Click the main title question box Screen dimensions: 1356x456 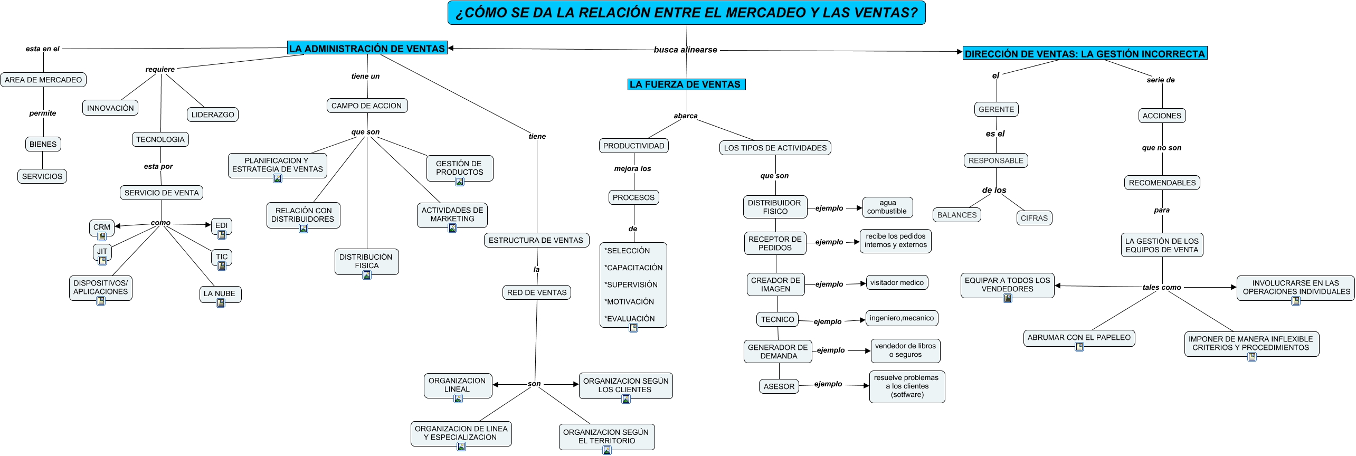686,13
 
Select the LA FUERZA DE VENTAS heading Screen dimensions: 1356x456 686,84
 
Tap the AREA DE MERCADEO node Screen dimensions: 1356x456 43,80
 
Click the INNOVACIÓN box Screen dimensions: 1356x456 110,108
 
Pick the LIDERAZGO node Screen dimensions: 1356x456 213,115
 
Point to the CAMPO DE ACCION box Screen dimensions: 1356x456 367,106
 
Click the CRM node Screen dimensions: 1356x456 102,227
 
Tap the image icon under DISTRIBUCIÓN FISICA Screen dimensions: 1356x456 367,275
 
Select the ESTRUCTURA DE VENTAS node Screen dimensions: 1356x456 536,240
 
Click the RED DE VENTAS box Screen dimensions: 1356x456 536,292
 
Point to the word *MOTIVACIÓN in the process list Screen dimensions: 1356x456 629,302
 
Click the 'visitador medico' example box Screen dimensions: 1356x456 897,283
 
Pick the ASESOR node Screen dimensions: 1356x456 779,386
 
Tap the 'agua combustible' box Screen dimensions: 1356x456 887,207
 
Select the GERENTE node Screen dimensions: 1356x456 996,109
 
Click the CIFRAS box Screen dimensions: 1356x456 1034,218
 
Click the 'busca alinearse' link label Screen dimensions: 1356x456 685,50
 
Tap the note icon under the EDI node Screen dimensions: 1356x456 222,235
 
